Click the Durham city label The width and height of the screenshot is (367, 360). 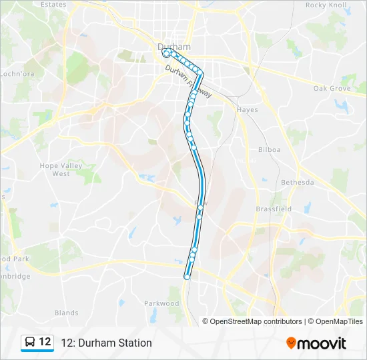[x=174, y=47]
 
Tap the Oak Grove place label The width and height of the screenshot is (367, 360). [x=332, y=88]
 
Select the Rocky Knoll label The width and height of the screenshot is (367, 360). [x=326, y=5]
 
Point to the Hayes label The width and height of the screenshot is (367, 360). [x=247, y=110]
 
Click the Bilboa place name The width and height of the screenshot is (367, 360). [x=269, y=149]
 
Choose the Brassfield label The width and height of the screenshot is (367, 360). [x=274, y=209]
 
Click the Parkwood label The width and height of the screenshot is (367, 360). [x=161, y=303]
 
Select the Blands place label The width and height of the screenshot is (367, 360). [x=66, y=313]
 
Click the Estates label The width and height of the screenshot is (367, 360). [x=53, y=5]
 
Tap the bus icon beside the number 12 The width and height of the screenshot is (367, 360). [x=30, y=342]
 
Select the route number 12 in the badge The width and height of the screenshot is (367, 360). [x=45, y=342]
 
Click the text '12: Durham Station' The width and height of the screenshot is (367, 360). [x=106, y=343]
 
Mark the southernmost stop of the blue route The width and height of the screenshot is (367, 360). [x=187, y=276]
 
